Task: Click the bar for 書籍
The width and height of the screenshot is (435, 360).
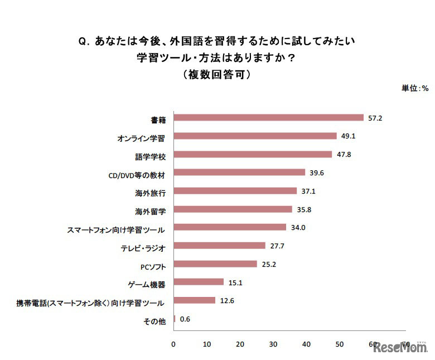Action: click(268, 118)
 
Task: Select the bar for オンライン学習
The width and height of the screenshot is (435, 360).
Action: click(255, 136)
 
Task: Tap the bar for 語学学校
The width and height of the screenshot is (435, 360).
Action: click(253, 155)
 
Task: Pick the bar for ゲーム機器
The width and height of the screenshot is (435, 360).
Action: click(199, 282)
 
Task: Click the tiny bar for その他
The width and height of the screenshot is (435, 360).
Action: click(175, 319)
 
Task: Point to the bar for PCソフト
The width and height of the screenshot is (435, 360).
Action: click(215, 264)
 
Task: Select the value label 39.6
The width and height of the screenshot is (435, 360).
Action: click(317, 172)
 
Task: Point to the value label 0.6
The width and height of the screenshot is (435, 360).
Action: click(185, 319)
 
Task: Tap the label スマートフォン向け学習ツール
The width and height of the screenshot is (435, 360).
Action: click(116, 229)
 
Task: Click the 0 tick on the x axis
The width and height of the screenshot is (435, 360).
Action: click(174, 344)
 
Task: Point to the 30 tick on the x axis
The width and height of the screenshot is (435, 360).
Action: click(273, 344)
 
